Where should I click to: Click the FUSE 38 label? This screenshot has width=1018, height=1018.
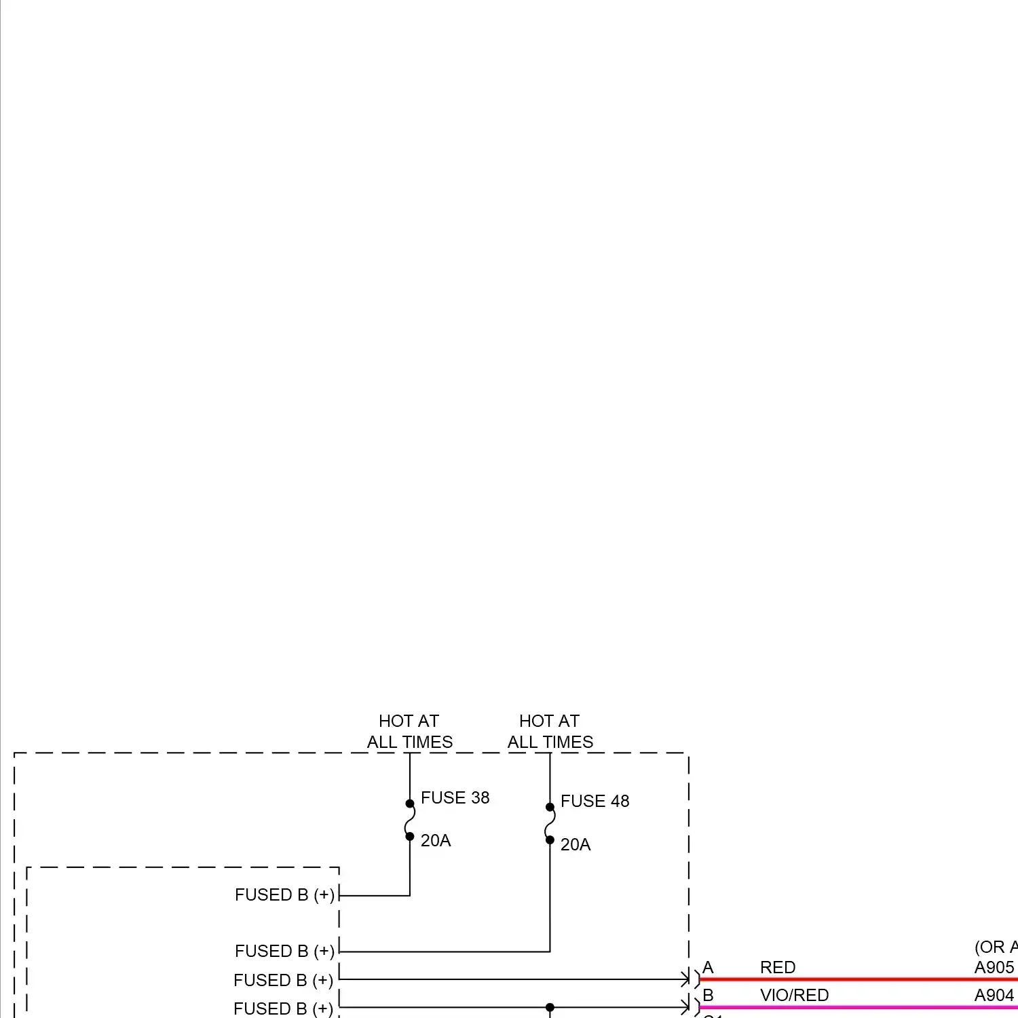click(x=455, y=797)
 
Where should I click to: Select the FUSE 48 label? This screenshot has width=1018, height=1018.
click(x=595, y=801)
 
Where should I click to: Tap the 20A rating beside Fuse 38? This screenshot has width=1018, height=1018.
click(x=435, y=840)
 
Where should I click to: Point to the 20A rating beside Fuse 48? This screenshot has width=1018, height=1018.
click(x=575, y=844)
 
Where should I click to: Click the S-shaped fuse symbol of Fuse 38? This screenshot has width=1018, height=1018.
click(x=410, y=820)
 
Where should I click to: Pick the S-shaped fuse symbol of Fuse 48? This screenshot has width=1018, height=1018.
click(x=550, y=823)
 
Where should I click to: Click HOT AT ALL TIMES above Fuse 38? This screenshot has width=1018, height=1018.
click(x=409, y=731)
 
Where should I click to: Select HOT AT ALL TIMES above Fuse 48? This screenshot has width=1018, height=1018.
click(x=550, y=731)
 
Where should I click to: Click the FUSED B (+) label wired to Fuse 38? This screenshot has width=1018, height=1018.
click(x=284, y=894)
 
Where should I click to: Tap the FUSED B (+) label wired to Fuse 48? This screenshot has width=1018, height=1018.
click(x=284, y=951)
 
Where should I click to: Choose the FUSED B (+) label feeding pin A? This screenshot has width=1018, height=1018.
click(x=283, y=980)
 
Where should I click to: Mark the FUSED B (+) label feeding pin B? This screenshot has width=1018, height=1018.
click(x=283, y=1008)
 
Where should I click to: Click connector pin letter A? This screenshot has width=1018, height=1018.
click(x=708, y=967)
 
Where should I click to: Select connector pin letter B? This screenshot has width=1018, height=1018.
click(x=708, y=995)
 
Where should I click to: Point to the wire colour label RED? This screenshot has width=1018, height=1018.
click(x=777, y=967)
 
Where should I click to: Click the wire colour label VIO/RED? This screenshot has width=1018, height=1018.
click(x=794, y=995)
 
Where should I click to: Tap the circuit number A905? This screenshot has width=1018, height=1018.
click(x=994, y=967)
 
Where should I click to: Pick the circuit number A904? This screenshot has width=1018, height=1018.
click(x=994, y=995)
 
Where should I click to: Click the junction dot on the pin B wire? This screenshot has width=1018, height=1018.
click(x=550, y=1007)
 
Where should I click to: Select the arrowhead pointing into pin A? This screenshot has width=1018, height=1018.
click(x=685, y=979)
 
